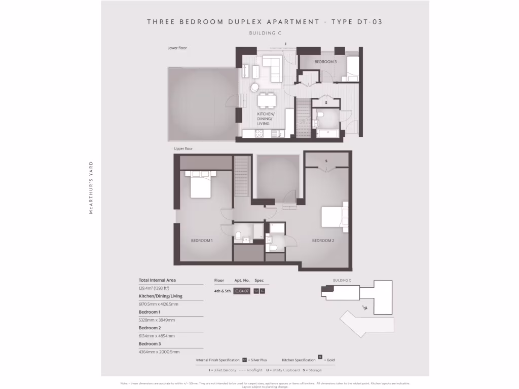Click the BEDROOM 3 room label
(x=325, y=62)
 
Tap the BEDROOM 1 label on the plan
(x=202, y=241)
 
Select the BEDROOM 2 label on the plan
(x=323, y=241)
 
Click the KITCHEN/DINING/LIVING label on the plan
(x=266, y=119)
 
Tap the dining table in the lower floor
(x=267, y=100)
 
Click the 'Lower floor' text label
(x=177, y=48)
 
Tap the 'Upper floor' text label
(x=183, y=149)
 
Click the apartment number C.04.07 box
(x=242, y=291)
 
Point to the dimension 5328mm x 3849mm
(x=157, y=320)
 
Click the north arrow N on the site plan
(x=364, y=307)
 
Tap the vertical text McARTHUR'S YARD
(x=91, y=188)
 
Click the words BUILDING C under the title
(x=265, y=33)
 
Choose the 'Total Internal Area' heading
(x=157, y=280)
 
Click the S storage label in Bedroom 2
(x=327, y=161)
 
